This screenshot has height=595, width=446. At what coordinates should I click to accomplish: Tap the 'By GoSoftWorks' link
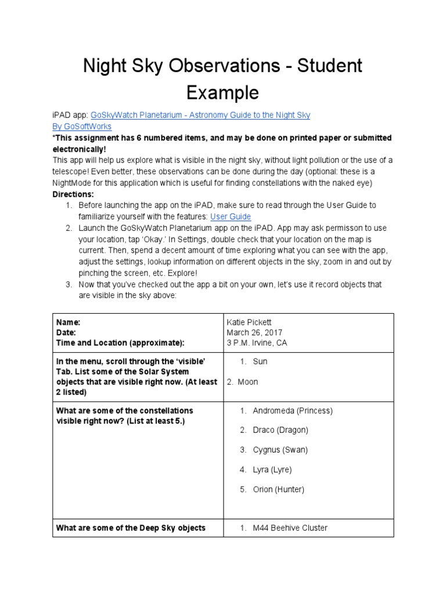point(82,126)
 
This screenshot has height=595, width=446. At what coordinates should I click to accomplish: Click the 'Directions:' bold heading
point(73,194)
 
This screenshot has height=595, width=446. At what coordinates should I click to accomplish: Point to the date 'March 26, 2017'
point(254,332)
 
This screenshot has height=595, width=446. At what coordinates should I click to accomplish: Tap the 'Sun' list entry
point(260,361)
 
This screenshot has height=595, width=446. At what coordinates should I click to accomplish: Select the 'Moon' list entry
point(248,382)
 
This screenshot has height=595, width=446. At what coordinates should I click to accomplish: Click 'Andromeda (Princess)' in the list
point(293,411)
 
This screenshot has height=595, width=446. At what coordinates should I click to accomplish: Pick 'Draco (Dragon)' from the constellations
point(280,430)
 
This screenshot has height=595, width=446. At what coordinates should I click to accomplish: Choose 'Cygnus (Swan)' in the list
point(280,450)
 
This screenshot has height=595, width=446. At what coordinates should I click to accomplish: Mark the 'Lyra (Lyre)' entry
point(272,469)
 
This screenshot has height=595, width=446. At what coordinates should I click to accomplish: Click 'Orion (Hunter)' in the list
point(279,489)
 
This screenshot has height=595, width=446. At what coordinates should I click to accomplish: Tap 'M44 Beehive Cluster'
point(290,528)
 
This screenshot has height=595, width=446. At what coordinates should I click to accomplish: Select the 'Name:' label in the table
point(68,322)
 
